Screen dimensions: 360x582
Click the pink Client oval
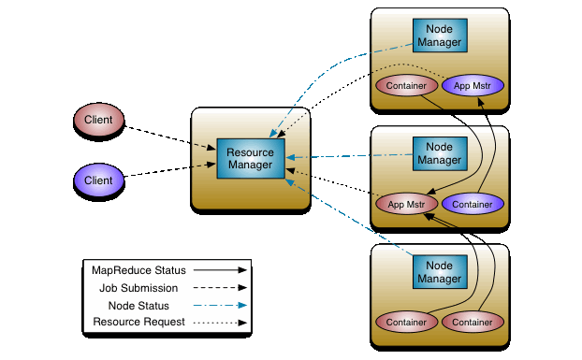click(98, 120)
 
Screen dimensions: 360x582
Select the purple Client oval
click(98, 180)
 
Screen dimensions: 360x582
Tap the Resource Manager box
click(249, 158)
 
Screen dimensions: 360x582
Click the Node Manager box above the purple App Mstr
click(439, 36)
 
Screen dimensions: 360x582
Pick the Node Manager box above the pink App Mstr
click(439, 153)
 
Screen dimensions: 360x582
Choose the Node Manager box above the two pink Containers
click(439, 272)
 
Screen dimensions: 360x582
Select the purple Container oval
click(473, 203)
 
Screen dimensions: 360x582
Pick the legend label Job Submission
click(138, 287)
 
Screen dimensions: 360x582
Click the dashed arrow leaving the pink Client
click(168, 135)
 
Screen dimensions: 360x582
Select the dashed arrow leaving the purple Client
click(168, 169)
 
